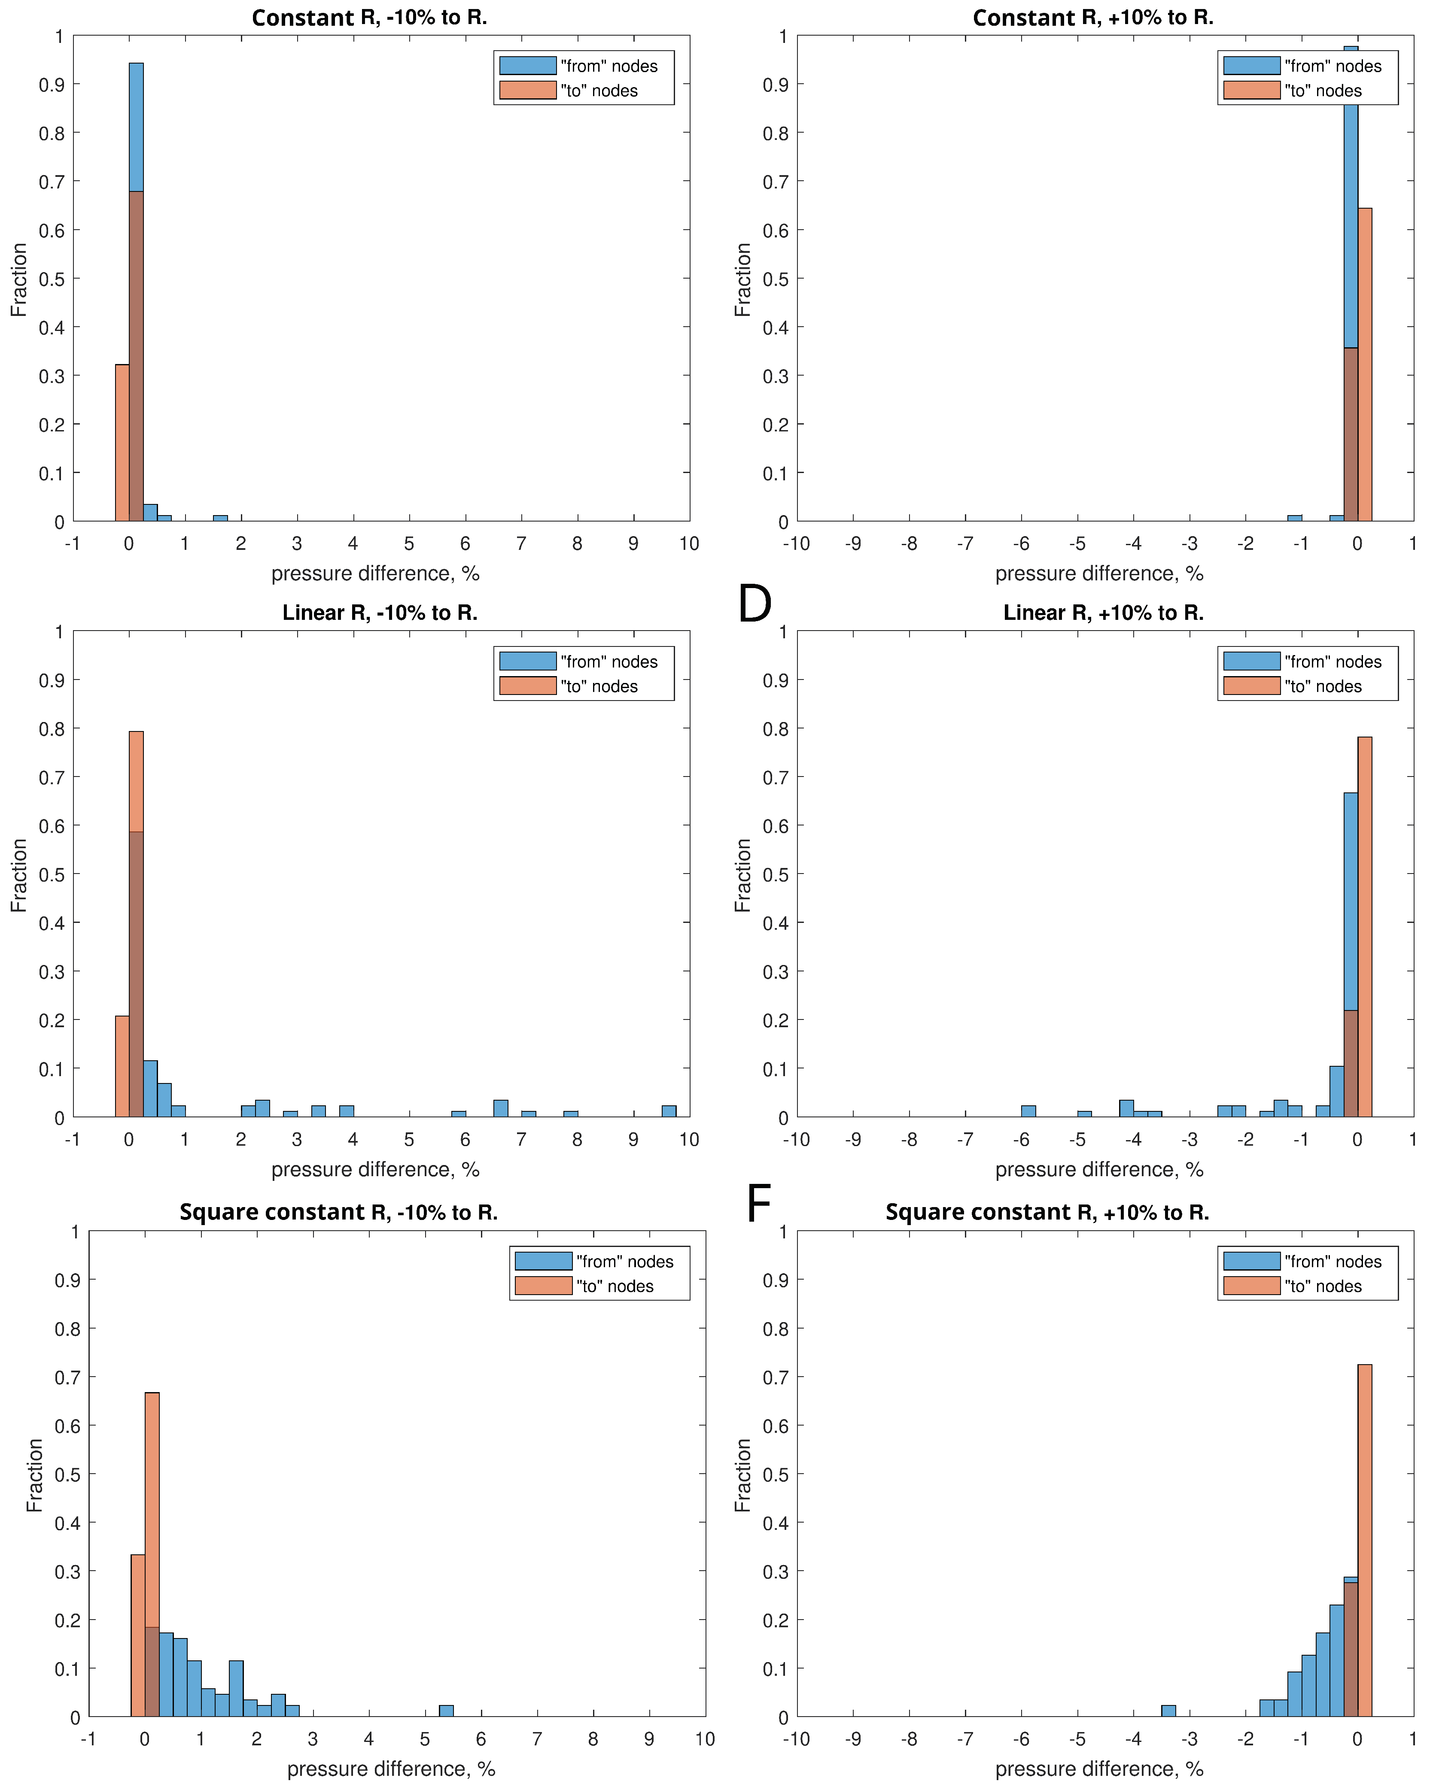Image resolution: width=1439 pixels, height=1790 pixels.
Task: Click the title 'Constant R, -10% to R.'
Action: pyautogui.click(x=369, y=18)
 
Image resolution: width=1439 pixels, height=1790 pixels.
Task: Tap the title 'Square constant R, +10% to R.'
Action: pyautogui.click(x=1047, y=1212)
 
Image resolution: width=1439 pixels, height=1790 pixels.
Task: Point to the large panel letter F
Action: pyautogui.click(x=758, y=1203)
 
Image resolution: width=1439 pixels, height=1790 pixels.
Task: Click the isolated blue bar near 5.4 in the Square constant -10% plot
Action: pyautogui.click(x=446, y=1710)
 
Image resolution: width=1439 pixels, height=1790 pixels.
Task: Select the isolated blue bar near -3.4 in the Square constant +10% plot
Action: pyautogui.click(x=1168, y=1710)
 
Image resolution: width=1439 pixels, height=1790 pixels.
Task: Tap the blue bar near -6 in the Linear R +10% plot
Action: pyautogui.click(x=1028, y=1111)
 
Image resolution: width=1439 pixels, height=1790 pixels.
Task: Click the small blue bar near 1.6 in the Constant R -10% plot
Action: pyautogui.click(x=220, y=518)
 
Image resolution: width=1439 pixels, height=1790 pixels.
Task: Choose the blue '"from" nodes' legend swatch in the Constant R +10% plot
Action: pyautogui.click(x=1251, y=66)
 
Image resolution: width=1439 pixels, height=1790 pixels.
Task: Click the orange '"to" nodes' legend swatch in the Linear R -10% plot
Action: pyautogui.click(x=527, y=686)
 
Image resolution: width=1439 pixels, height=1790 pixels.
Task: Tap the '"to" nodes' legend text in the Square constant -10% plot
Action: pyautogui.click(x=615, y=1286)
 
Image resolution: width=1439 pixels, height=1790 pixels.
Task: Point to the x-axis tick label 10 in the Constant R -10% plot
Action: pyautogui.click(x=689, y=544)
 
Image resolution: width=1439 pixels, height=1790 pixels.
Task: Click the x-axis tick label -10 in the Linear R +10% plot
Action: pyautogui.click(x=796, y=1139)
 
